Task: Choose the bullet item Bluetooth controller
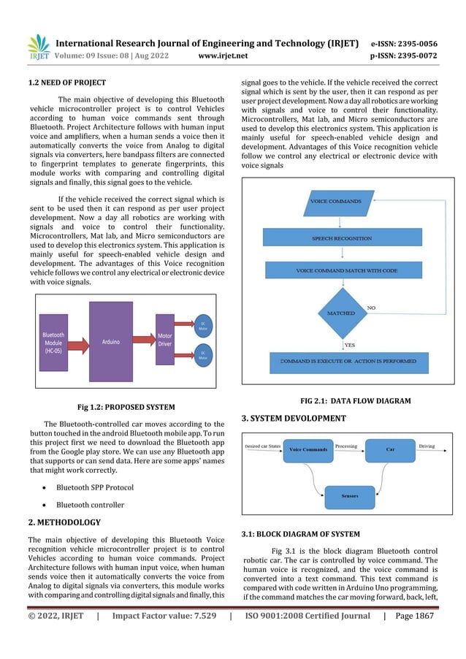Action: (x=91, y=504)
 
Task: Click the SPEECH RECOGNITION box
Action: (x=347, y=238)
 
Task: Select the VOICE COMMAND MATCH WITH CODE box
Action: (x=347, y=270)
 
